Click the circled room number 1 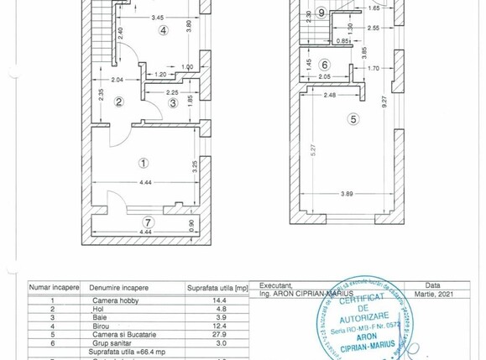click(x=144, y=163)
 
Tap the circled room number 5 click(x=353, y=120)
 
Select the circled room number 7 click(x=149, y=222)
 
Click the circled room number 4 click(x=163, y=31)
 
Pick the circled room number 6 click(x=325, y=64)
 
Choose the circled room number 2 click(x=119, y=102)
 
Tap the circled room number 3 click(x=173, y=103)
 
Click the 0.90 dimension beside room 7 click(x=192, y=225)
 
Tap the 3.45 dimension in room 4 click(x=157, y=18)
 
